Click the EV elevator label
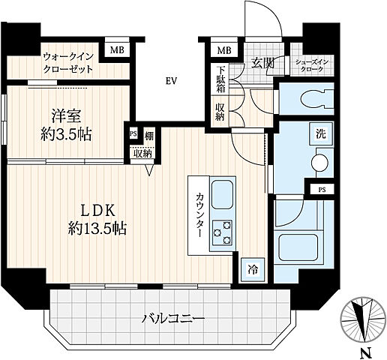pyautogui.click(x=171, y=81)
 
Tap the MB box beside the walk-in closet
pyautogui.click(x=117, y=50)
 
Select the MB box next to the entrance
pyautogui.click(x=224, y=50)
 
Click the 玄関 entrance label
pyautogui.click(x=262, y=63)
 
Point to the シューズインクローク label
pyautogui.click(x=311, y=66)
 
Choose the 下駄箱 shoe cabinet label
pyautogui.click(x=220, y=79)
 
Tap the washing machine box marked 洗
pyautogui.click(x=321, y=134)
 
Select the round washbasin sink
pyautogui.click(x=319, y=163)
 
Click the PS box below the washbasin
pyautogui.click(x=322, y=190)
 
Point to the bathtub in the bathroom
pyautogui.click(x=298, y=247)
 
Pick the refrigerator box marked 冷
pyautogui.click(x=253, y=270)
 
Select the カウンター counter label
pyautogui.click(x=200, y=214)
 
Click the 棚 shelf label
pyautogui.click(x=149, y=136)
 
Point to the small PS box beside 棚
pyautogui.click(x=133, y=133)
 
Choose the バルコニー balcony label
pyautogui.click(x=173, y=318)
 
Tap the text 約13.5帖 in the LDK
pyautogui.click(x=97, y=228)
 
